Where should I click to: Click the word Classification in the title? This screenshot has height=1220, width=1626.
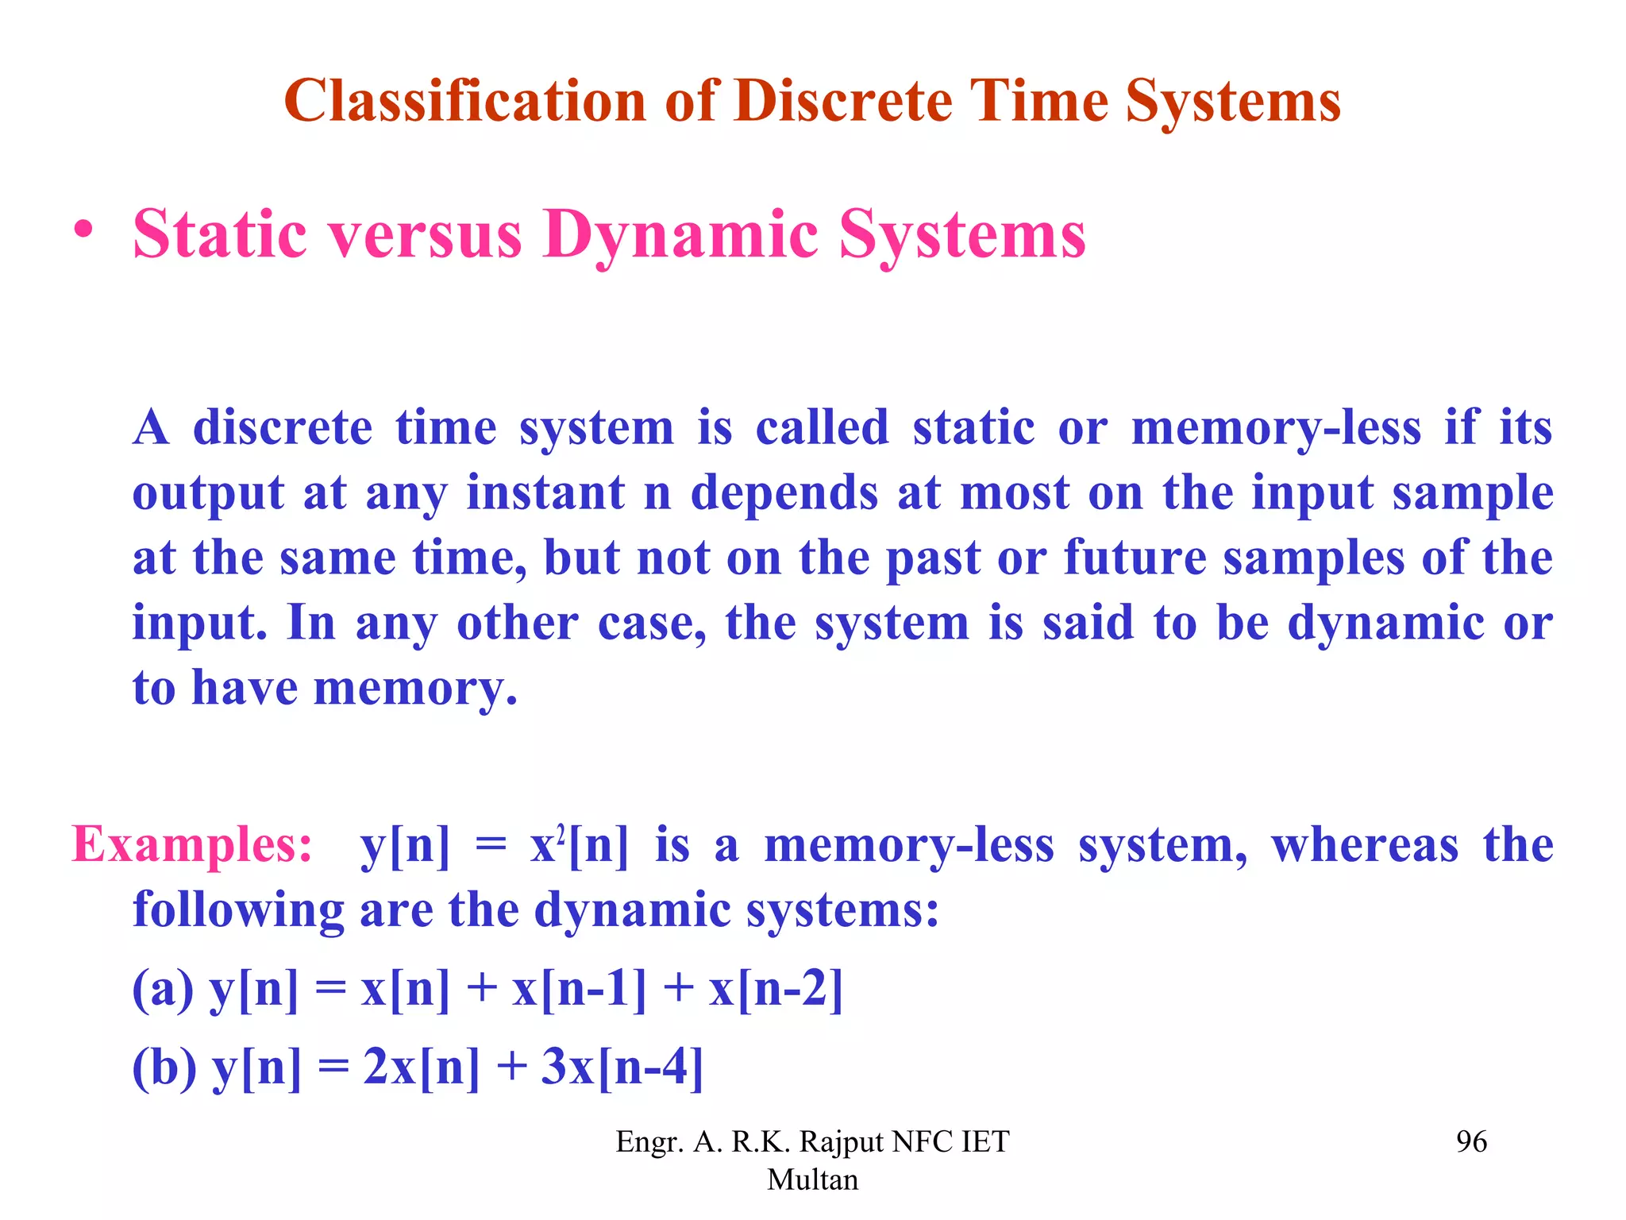tap(465, 102)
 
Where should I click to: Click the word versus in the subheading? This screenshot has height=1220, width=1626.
tap(426, 236)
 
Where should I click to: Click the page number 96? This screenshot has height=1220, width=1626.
tap(1471, 1142)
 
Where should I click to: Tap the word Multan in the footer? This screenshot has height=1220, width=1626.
tap(812, 1180)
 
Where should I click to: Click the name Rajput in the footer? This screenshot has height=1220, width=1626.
tap(842, 1142)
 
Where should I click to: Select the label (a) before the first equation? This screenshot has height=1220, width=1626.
tap(163, 990)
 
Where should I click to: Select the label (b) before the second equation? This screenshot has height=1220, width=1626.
tap(164, 1067)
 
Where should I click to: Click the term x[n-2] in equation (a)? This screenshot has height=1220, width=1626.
tap(776, 990)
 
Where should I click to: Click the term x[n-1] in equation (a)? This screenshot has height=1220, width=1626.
tap(579, 990)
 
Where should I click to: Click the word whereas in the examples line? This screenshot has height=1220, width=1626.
tap(1365, 845)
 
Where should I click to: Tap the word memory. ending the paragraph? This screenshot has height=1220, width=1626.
tap(415, 688)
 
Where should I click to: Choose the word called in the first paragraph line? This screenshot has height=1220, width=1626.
tap(822, 428)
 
